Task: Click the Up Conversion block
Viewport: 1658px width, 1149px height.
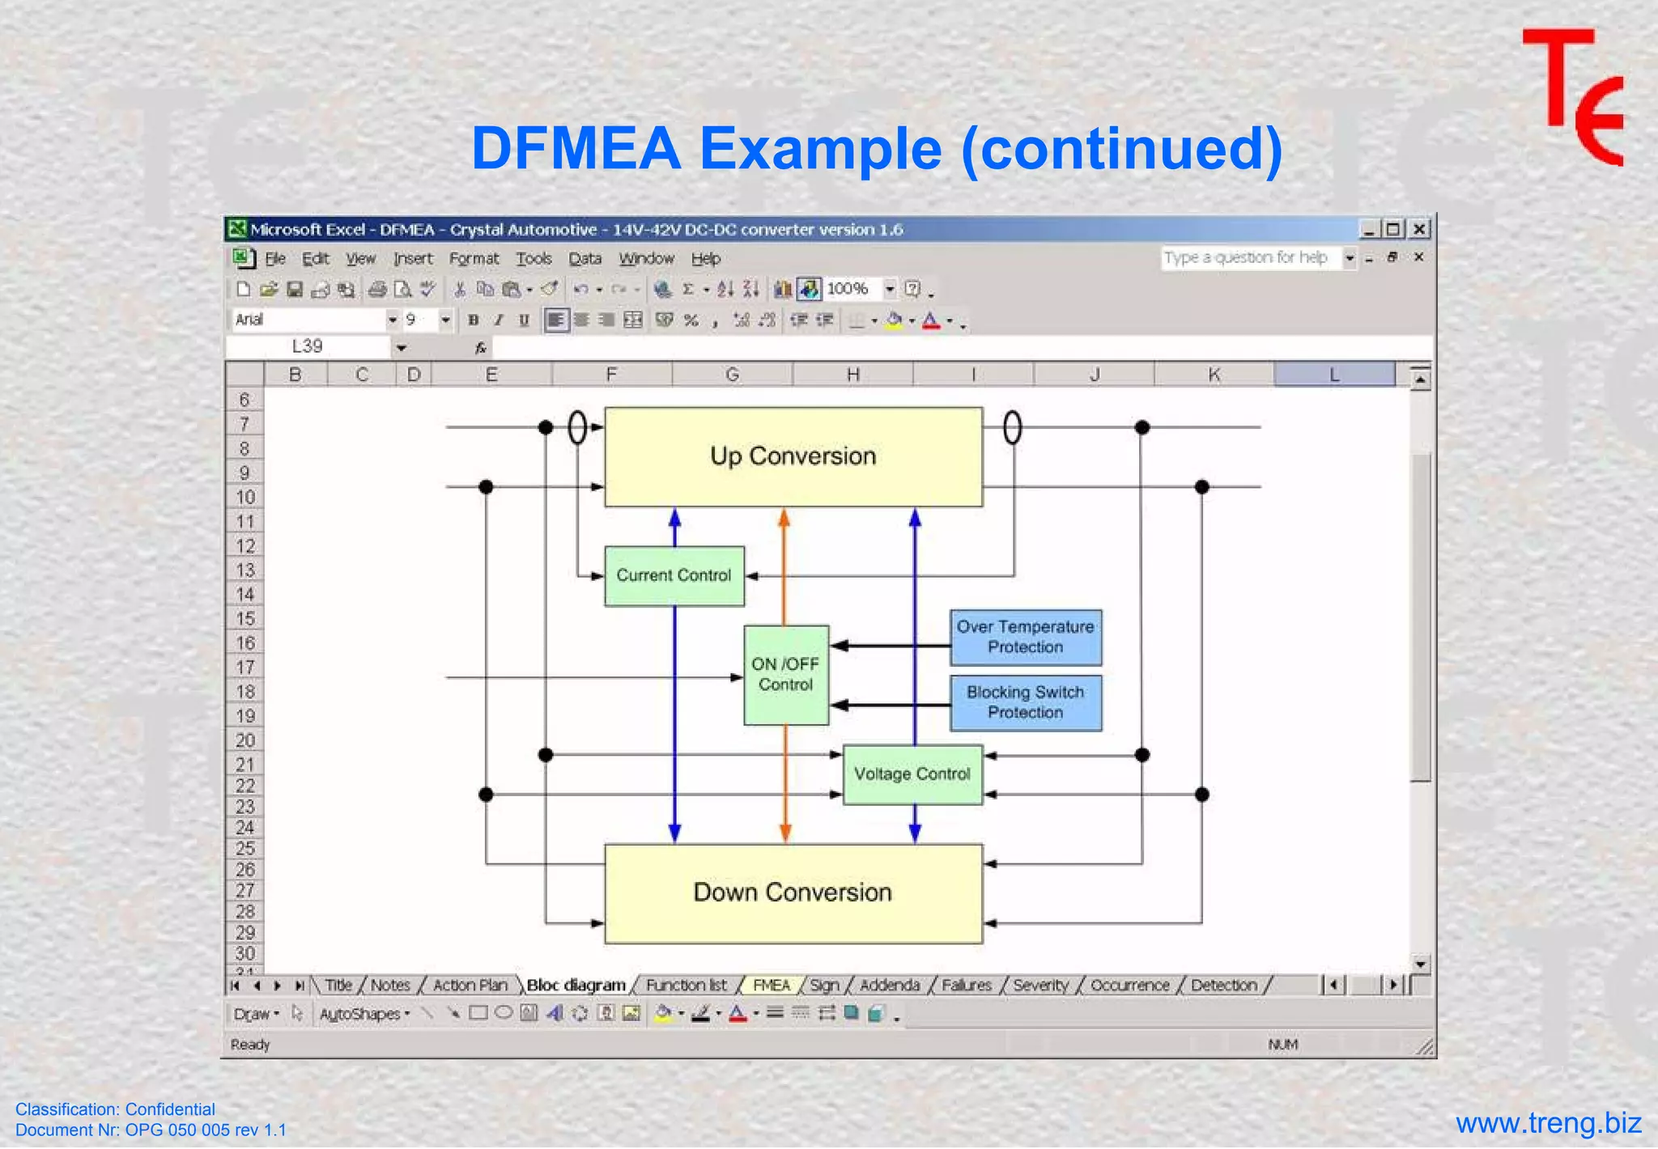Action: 793,457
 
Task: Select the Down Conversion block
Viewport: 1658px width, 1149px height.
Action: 793,893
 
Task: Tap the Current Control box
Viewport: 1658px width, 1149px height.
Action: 674,576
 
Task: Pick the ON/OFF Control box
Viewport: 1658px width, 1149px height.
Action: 785,675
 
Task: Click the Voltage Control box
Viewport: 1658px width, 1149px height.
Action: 912,774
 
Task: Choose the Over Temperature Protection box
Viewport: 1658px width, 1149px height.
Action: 1025,638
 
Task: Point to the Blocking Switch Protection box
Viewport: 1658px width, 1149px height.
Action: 1025,703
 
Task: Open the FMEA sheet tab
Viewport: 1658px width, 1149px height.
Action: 771,986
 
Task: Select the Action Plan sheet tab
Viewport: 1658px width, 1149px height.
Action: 470,986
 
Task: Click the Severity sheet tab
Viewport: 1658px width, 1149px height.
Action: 1040,986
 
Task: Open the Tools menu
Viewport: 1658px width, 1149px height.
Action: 534,259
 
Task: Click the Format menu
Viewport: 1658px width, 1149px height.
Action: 474,259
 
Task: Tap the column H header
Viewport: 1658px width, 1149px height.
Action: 852,375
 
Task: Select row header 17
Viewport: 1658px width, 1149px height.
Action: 244,668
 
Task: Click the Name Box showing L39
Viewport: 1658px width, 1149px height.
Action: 308,347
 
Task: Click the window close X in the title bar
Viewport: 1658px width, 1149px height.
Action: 1419,230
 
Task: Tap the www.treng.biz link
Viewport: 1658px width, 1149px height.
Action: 1548,1124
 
